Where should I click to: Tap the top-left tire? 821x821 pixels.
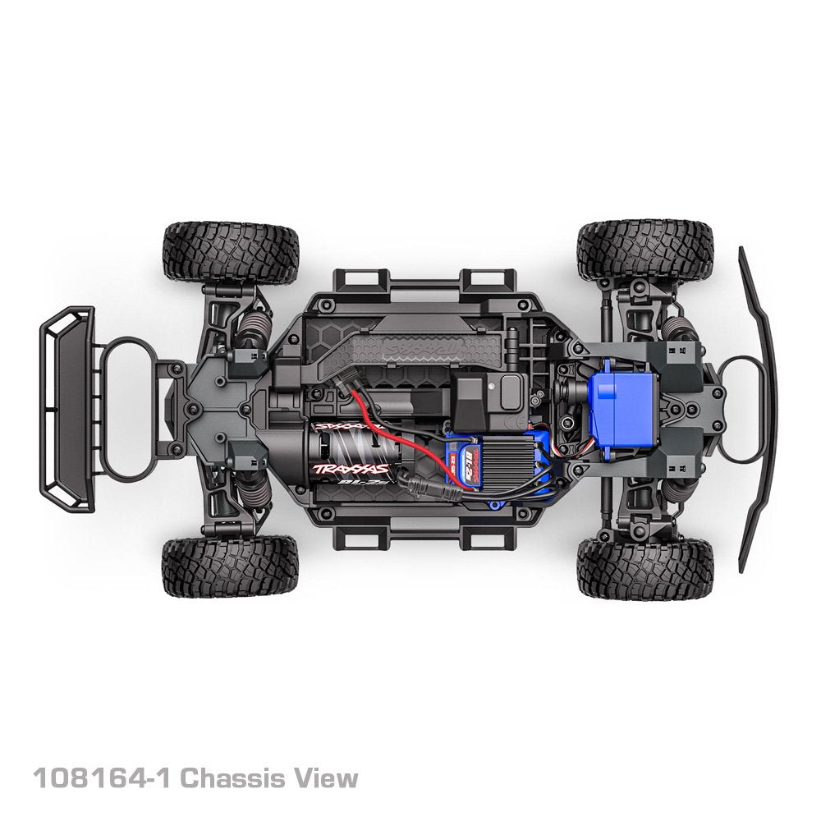230,251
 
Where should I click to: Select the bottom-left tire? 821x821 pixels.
230,567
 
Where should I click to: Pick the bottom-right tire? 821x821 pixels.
644,569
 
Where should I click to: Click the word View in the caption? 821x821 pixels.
330,777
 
